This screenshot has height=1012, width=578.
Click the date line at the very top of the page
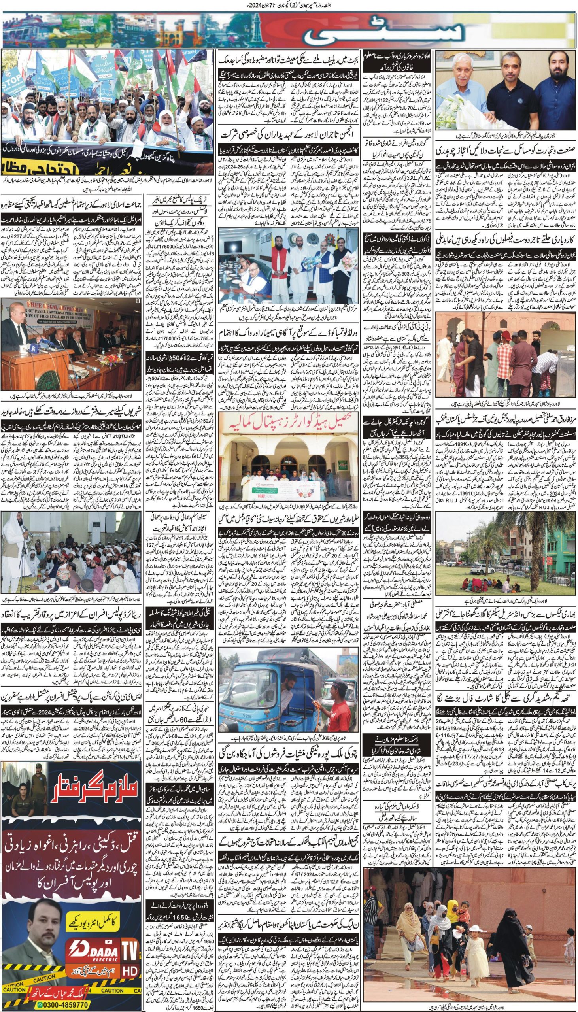coord(289,5)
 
